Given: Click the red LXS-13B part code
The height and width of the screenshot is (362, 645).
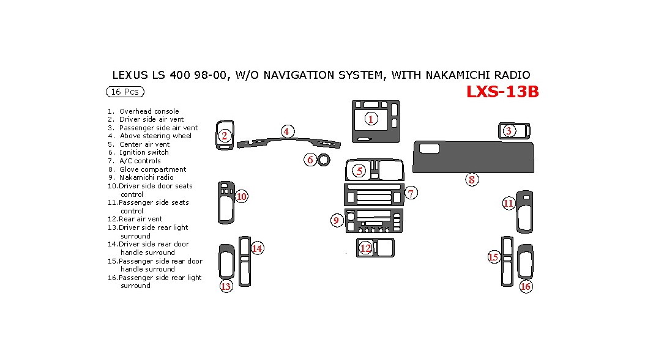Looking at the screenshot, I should pyautogui.click(x=502, y=92).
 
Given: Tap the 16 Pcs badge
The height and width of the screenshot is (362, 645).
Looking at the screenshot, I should pyautogui.click(x=125, y=92).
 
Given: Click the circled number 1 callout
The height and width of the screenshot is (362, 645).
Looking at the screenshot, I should pyautogui.click(x=371, y=119).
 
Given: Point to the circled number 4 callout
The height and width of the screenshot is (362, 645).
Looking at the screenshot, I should pyautogui.click(x=286, y=131).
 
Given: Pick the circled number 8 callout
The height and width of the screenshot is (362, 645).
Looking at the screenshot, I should pyautogui.click(x=472, y=179).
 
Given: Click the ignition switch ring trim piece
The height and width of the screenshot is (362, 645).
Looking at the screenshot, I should pyautogui.click(x=324, y=160).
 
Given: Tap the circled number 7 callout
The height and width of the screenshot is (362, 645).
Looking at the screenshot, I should pyautogui.click(x=411, y=193).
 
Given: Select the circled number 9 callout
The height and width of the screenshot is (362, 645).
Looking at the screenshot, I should pyautogui.click(x=336, y=221).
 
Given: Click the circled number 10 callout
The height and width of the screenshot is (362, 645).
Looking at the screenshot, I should pyautogui.click(x=242, y=196).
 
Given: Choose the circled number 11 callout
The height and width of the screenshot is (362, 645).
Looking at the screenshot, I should pyautogui.click(x=509, y=204).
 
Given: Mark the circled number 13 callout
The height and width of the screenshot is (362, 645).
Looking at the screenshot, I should pyautogui.click(x=226, y=286).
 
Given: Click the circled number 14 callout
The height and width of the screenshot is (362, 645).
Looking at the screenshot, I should pyautogui.click(x=257, y=248).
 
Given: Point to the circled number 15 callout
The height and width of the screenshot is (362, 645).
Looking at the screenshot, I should pyautogui.click(x=493, y=257).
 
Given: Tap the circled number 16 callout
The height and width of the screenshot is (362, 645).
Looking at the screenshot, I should pyautogui.click(x=525, y=286).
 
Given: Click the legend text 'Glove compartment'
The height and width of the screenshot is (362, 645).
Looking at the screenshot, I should pyautogui.click(x=152, y=169).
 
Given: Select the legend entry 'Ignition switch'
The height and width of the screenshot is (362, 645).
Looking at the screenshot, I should pyautogui.click(x=144, y=152).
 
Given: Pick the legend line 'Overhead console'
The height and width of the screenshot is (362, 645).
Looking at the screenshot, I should pyautogui.click(x=149, y=111).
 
